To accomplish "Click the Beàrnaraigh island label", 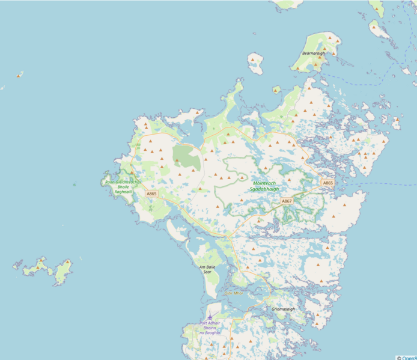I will pos(313,53).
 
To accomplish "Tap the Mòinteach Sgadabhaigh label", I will pos(265,186).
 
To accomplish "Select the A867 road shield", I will pos(287,201).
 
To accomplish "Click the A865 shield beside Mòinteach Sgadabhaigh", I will pos(327,183).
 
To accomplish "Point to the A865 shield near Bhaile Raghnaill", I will pos(151,194).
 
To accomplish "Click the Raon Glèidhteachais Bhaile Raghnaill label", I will pos(123,186).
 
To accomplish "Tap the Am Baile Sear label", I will pos(207,269).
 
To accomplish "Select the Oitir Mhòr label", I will pos(234,293).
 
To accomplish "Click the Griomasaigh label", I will pos(283,309).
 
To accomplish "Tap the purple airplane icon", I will pos(210,317).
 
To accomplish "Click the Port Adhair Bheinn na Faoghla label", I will pos(210,328).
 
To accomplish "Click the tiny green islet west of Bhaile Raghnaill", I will pos(75,185).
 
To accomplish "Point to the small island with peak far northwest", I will pos(20,75).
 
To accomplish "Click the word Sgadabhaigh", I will pos(265,189).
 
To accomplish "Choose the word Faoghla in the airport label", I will pos(215,332).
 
